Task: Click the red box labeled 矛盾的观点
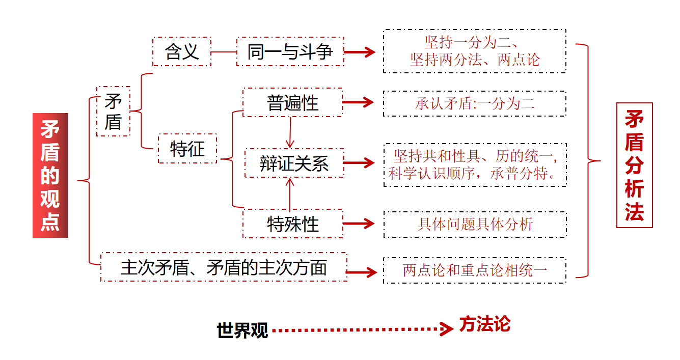[50, 175]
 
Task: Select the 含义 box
[182, 51]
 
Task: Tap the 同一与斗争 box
[290, 51]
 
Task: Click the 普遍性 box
[292, 103]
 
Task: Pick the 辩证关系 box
[294, 163]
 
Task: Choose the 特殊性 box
[293, 224]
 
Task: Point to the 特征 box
[187, 149]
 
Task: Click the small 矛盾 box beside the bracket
[113, 112]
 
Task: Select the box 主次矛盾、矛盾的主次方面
[224, 267]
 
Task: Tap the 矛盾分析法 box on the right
[634, 165]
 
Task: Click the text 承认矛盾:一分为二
[475, 104]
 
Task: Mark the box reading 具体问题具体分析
[475, 225]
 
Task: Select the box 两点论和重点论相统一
[475, 270]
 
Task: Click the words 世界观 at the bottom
[242, 330]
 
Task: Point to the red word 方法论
[484, 324]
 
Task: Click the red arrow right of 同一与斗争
[360, 51]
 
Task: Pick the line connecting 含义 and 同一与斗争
[224, 52]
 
